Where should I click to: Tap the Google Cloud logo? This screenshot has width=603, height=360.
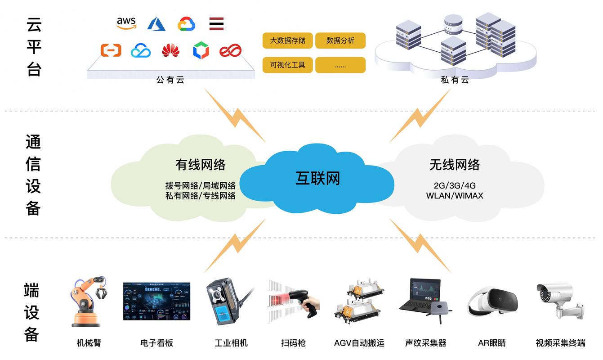click(186, 24)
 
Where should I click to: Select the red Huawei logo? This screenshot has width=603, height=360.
click(170, 50)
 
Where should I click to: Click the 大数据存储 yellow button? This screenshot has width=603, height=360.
click(287, 40)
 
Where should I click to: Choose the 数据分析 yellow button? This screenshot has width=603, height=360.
click(340, 40)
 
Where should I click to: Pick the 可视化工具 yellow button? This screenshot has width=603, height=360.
click(287, 65)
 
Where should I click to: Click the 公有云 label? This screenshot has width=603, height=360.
click(170, 80)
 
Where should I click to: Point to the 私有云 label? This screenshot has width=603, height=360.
click(455, 80)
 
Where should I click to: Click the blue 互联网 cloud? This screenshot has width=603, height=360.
click(317, 179)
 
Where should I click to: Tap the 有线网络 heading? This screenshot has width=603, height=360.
click(201, 165)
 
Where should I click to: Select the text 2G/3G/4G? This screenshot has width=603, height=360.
click(455, 185)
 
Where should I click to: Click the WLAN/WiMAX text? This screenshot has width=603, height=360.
click(455, 196)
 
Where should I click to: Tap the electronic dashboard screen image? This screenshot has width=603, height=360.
click(156, 301)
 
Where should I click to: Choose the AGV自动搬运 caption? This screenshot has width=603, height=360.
click(359, 343)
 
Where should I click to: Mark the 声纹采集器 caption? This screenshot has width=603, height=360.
click(426, 343)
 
